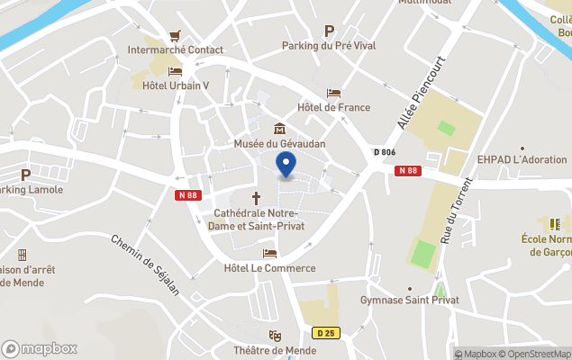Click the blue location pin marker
(286, 165)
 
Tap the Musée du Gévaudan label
(279, 144)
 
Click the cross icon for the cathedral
(256, 196)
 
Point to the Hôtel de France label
(333, 108)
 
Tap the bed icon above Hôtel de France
(333, 93)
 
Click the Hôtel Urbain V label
(176, 86)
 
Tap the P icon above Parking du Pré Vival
(329, 31)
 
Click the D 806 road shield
(384, 152)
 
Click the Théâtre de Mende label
(276, 350)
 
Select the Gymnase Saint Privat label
(410, 300)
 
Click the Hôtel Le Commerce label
(269, 268)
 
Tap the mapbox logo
(40, 348)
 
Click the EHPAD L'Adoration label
(522, 159)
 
